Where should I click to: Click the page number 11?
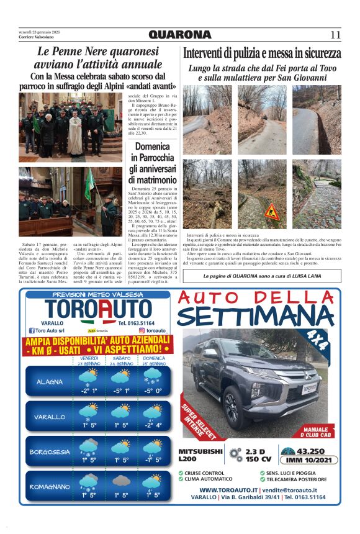(x=336, y=35)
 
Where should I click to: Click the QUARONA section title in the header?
(x=180, y=35)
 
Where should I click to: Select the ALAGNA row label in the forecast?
(x=50, y=382)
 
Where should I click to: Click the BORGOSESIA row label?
(x=50, y=452)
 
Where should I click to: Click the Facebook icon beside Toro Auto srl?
(x=30, y=331)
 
